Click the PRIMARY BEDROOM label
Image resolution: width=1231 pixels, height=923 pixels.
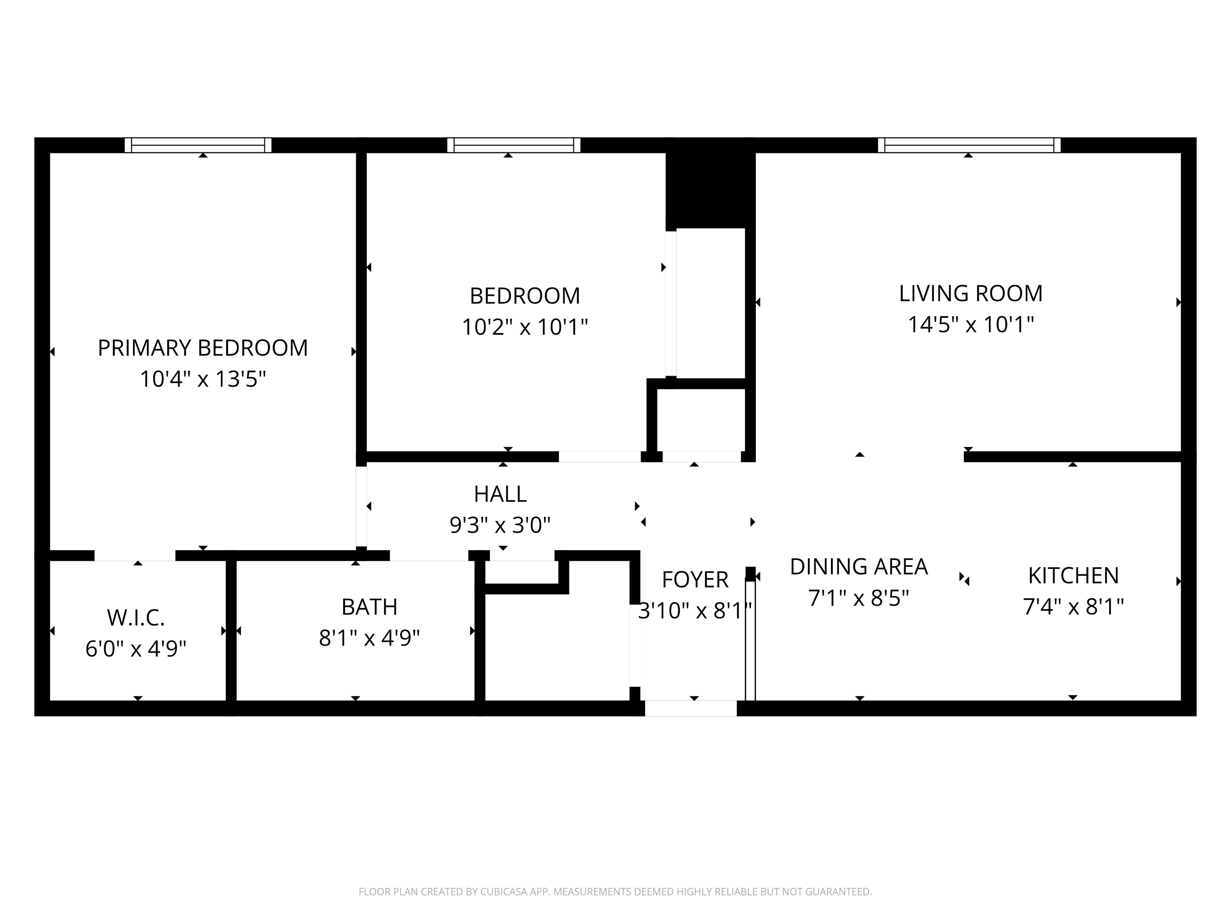pos(203,348)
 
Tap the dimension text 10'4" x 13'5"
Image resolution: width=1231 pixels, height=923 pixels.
pos(203,379)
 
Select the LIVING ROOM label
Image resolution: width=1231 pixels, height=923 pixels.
pos(970,294)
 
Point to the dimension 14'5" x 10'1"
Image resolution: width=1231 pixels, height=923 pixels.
pos(970,324)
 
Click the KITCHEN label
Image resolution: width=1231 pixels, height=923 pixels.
pos(1073,576)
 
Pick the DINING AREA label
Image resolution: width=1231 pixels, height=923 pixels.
pos(859,567)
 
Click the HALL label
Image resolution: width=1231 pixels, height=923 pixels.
pos(500,494)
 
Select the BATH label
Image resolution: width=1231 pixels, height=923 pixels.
pos(370,607)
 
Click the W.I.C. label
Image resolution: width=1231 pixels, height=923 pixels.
pos(136,617)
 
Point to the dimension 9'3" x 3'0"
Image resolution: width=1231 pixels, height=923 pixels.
pos(500,525)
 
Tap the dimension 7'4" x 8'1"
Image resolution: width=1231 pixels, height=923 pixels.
pos(1073,607)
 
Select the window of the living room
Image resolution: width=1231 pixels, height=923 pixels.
pos(969,145)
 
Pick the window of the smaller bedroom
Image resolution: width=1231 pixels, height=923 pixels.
pos(514,145)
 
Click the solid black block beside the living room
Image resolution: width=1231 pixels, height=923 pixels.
pos(710,184)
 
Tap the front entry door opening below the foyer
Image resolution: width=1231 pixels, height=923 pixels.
pos(691,708)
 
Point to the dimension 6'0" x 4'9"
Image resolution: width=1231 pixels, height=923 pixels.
pos(136,649)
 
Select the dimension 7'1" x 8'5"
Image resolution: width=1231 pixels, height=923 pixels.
pos(859,599)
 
